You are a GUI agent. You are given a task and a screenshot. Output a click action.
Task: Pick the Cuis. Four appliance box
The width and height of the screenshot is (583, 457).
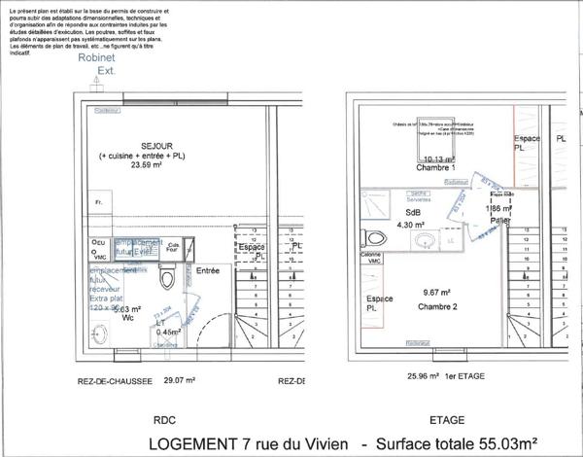[x=173, y=247]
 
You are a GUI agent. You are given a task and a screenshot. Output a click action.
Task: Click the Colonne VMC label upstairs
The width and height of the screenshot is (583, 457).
[x=370, y=259]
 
